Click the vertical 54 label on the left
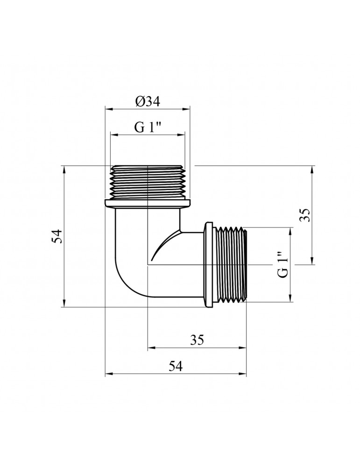[x=56, y=236]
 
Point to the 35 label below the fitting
[x=197, y=340]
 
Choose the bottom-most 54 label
[x=175, y=367]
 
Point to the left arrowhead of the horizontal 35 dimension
[x=150, y=347]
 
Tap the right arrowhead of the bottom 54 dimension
[x=243, y=374]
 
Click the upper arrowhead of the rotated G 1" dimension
[x=290, y=231]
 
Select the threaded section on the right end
[x=232, y=265]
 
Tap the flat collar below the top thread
[x=148, y=203]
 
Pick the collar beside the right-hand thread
[x=209, y=265]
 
